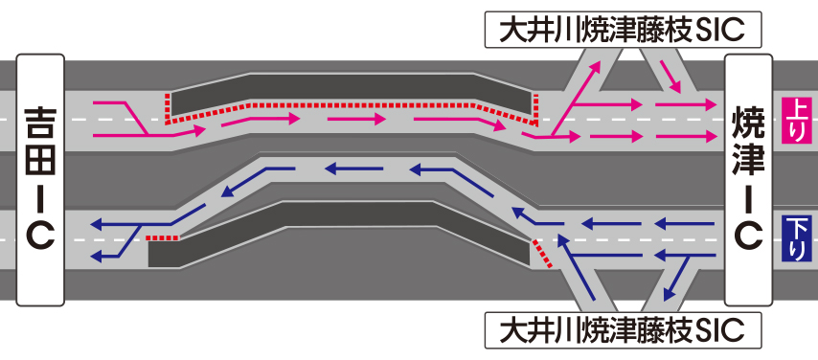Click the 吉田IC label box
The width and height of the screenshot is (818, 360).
tap(40, 179)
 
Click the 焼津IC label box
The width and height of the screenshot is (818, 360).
tap(748, 179)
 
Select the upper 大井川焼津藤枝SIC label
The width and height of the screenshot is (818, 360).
tap(623, 31)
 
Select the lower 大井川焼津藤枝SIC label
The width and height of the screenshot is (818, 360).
tap(623, 330)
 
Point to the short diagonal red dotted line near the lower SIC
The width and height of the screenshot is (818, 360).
tap(541, 254)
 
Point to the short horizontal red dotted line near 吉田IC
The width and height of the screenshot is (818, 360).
tap(162, 237)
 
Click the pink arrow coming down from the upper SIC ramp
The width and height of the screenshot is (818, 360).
tap(670, 78)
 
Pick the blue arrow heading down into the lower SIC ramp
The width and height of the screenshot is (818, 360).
tap(676, 279)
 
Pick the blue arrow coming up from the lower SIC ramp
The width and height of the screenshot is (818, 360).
tap(576, 267)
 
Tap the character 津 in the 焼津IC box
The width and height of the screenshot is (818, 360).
tap(748, 158)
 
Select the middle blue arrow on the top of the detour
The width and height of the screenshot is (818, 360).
tap(353, 169)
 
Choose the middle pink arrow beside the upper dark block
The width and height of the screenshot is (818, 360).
tap(357, 120)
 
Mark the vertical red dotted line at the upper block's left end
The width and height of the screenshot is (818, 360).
tap(168, 108)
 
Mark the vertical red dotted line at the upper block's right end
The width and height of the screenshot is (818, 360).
tap(535, 108)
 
